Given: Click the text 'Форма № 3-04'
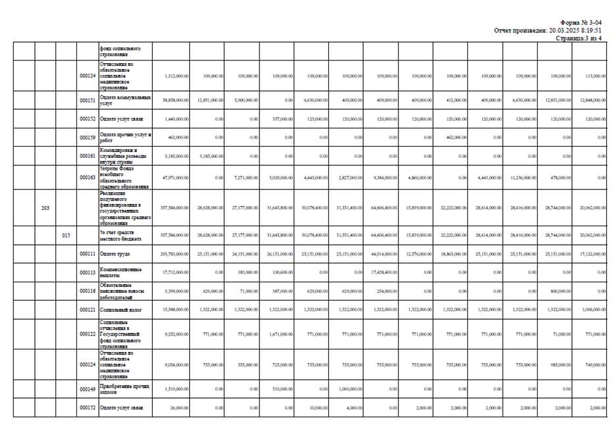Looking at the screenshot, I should click(581, 23).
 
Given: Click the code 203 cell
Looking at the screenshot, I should click(45, 208).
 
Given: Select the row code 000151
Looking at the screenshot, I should click(88, 101).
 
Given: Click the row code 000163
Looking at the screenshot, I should click(88, 178).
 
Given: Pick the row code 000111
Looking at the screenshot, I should click(88, 253).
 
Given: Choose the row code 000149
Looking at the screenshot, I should click(88, 389).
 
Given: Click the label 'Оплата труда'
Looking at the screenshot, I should click(114, 253).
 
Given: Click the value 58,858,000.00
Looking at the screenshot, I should click(175, 101).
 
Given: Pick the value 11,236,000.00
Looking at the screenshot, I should click(525, 178).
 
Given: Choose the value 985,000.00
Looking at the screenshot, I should click(561, 364).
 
